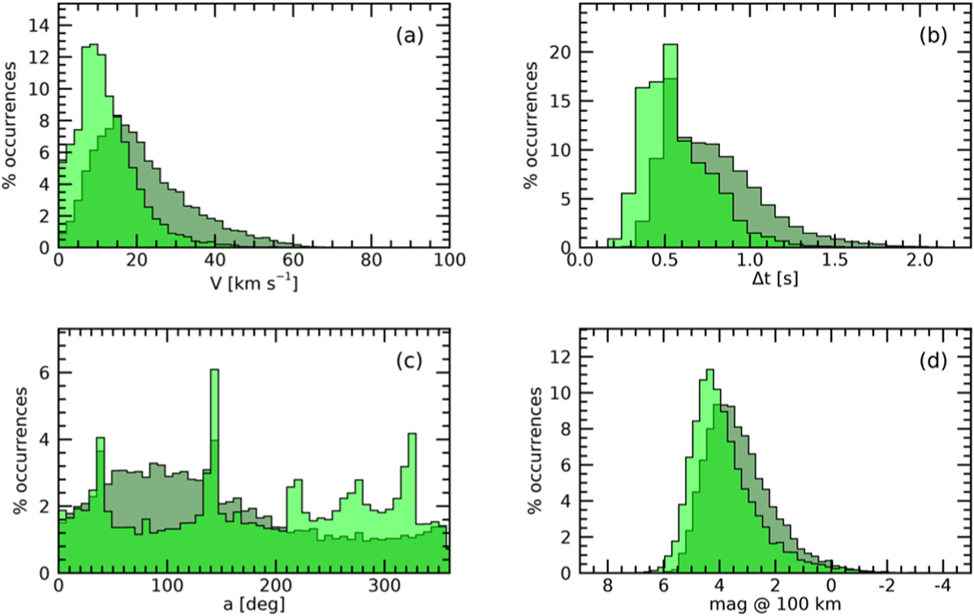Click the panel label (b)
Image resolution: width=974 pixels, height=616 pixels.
[933, 36]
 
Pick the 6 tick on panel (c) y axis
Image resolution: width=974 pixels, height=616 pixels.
[45, 373]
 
